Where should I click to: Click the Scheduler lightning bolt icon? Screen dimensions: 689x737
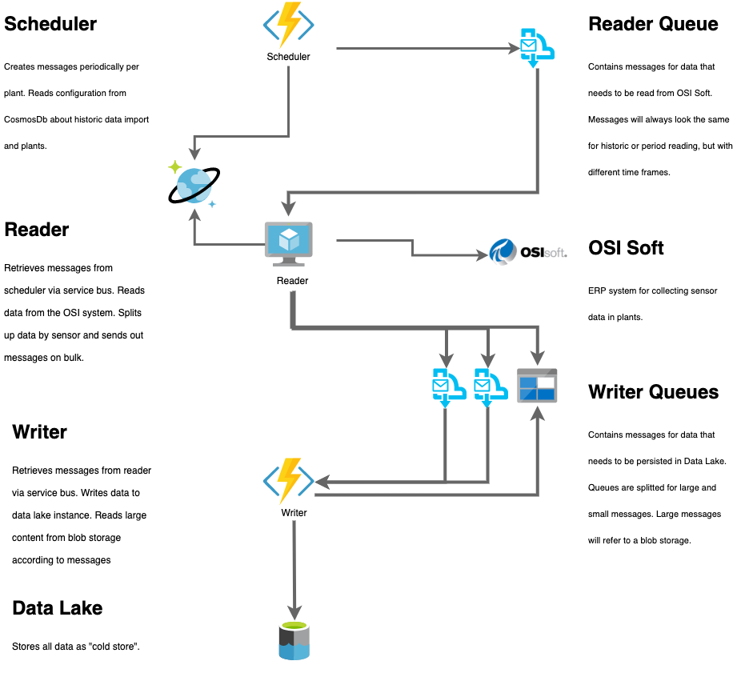point(288,26)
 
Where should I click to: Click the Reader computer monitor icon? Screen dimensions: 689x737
point(290,243)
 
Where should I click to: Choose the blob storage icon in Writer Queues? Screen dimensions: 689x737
point(536,386)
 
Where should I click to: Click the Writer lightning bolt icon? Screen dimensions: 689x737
point(288,481)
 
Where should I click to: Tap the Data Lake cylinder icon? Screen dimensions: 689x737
point(294,641)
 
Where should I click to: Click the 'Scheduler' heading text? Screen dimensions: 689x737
point(50,24)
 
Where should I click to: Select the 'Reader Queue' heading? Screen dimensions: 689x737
point(653,24)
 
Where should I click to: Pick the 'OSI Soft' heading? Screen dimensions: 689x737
point(626,247)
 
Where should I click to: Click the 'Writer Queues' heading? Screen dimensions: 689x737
point(653,392)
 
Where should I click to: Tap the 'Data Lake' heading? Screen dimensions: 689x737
point(58,608)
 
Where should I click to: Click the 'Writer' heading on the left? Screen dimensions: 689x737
point(40,432)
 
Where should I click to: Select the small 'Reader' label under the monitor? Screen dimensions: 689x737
point(292,281)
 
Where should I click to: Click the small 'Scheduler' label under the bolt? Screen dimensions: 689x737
point(288,57)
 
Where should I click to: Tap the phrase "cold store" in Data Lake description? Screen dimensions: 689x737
point(117,646)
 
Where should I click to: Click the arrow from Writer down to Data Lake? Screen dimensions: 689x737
point(294,568)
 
